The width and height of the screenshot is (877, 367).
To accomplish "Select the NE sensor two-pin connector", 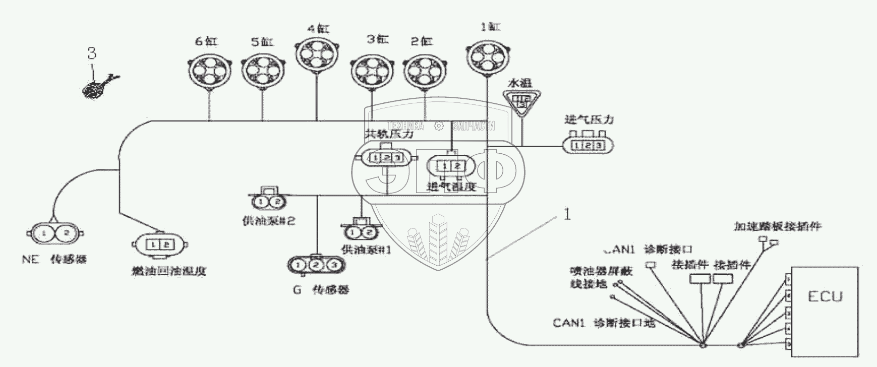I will click(55, 233).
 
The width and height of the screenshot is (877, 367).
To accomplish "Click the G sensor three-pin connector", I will click(316, 265).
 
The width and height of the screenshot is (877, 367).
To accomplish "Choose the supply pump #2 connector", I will click(266, 202).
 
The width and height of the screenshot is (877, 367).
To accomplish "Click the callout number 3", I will click(92, 53).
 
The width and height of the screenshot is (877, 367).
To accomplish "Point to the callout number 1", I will click(567, 215).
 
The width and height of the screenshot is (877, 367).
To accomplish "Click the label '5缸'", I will click(262, 42).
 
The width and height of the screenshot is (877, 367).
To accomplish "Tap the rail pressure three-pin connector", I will click(386, 158).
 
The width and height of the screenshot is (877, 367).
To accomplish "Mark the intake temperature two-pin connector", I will click(450, 166).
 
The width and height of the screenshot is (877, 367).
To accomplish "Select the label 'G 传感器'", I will click(321, 290).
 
